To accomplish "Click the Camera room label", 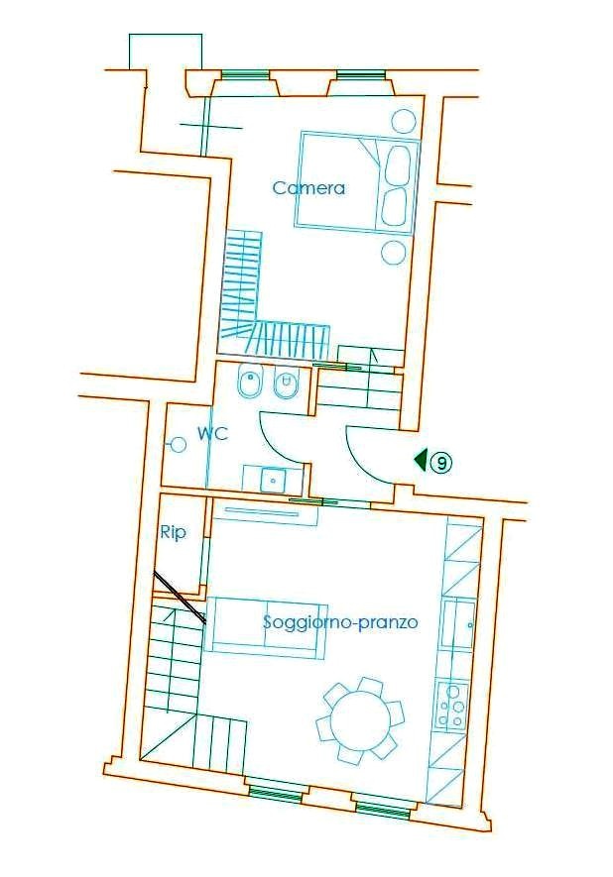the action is click(308, 188).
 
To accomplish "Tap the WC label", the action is click(212, 433).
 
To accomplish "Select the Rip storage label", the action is click(173, 533).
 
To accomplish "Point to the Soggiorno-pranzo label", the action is click(340, 622).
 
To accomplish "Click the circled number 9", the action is click(441, 463).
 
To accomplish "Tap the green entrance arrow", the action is click(421, 460).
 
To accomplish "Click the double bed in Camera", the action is click(357, 180).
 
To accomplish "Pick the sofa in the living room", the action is click(266, 627).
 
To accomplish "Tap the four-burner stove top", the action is click(452, 705).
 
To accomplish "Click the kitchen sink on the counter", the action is click(458, 623).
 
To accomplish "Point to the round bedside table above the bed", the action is click(402, 121).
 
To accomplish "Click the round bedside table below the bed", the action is click(393, 252).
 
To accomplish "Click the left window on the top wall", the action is click(245, 75).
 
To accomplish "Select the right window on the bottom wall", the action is click(382, 811).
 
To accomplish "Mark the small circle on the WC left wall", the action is click(178, 445).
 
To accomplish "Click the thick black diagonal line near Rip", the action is click(180, 598).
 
